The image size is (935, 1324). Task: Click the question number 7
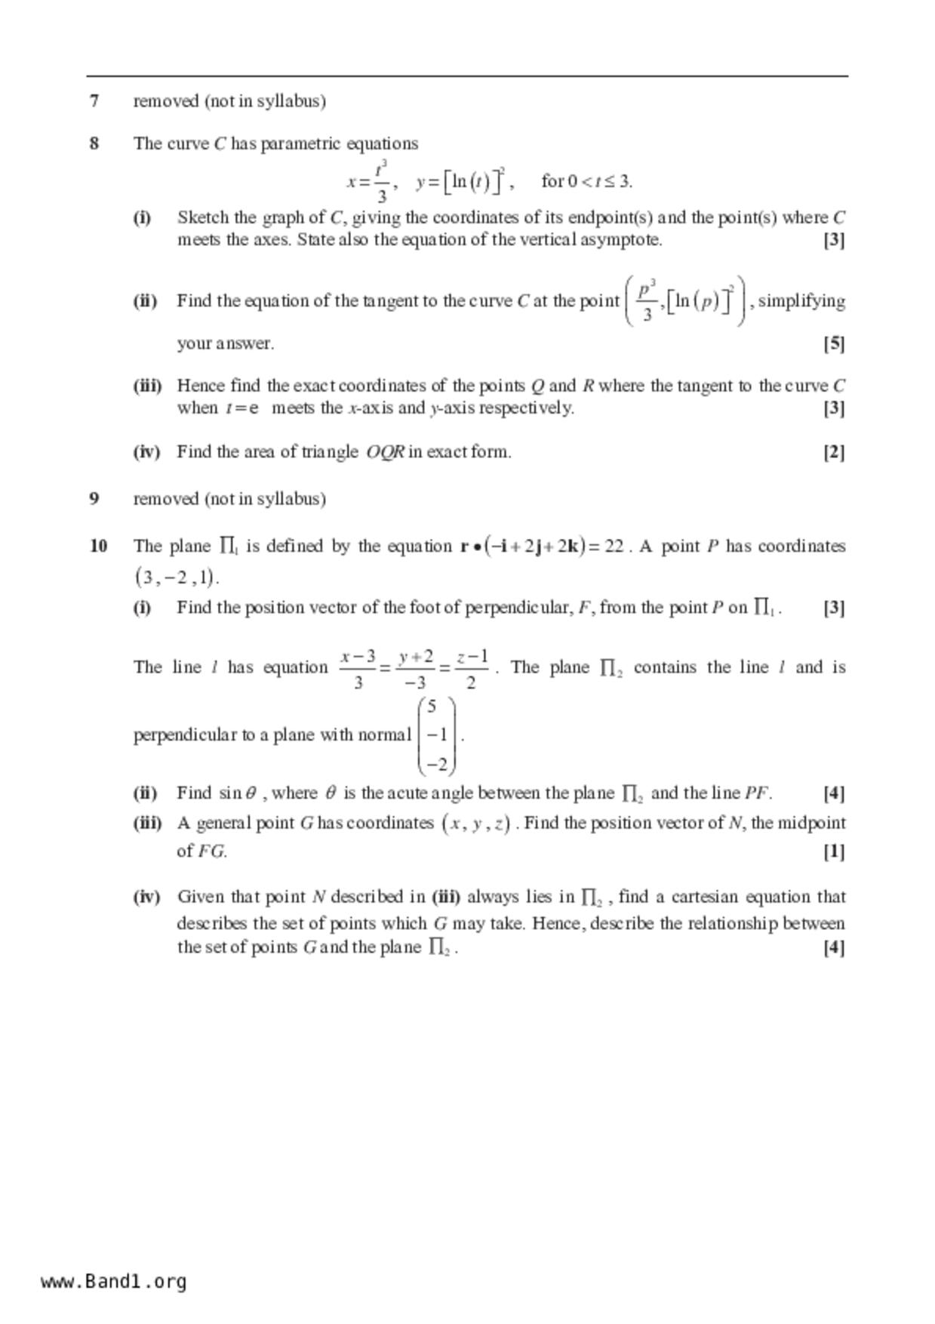(94, 101)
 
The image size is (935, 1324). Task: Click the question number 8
(94, 143)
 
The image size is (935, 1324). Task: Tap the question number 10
(98, 546)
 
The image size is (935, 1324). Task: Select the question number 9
(94, 499)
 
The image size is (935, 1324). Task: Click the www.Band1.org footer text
(113, 1282)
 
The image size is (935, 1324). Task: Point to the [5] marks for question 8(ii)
(833, 344)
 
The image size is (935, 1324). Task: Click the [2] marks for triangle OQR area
(833, 452)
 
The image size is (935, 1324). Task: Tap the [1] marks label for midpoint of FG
(833, 851)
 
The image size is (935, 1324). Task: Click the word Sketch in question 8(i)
(202, 218)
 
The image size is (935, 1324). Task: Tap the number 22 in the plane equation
(614, 547)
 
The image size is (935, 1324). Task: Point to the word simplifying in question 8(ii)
(801, 301)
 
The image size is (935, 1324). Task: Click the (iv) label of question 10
(147, 897)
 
